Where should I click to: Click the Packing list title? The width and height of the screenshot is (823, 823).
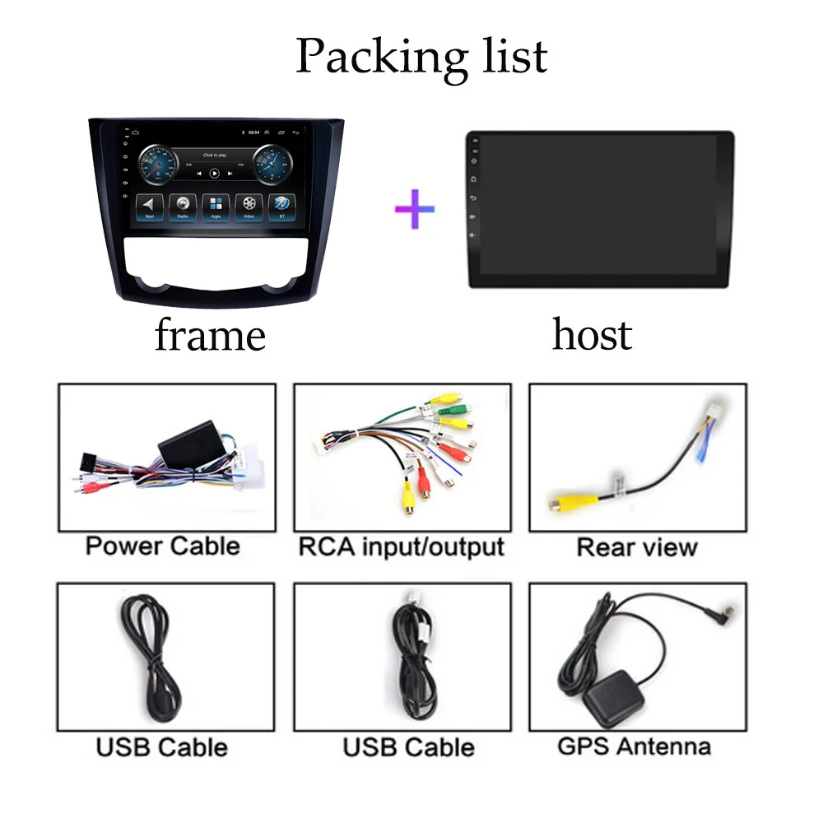tap(421, 56)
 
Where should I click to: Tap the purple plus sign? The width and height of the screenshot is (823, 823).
tap(415, 208)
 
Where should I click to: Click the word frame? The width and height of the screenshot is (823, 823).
tap(210, 336)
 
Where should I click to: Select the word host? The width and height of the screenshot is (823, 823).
tap(592, 334)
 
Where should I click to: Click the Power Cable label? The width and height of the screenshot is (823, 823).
tap(163, 546)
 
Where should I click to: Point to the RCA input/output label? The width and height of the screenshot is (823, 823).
tap(401, 546)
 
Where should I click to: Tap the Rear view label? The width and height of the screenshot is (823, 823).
tap(637, 547)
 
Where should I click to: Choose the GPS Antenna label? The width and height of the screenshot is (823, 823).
tap(634, 746)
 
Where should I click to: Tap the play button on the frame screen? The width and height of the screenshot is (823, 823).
tap(214, 174)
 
